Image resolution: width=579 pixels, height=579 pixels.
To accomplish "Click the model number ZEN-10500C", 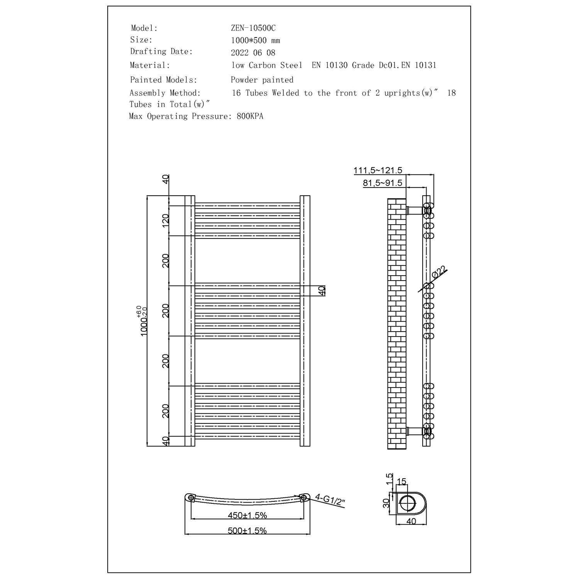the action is (x=253, y=28).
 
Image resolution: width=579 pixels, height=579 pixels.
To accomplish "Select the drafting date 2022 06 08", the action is (x=253, y=53).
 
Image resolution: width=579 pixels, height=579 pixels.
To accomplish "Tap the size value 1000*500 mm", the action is (x=256, y=41).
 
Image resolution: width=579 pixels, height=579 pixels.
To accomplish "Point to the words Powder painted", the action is (x=262, y=80).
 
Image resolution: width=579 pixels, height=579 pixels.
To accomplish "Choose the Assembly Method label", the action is (x=165, y=93).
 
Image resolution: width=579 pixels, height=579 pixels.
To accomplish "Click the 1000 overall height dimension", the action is (x=144, y=321).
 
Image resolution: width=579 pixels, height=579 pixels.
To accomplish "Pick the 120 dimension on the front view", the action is (x=166, y=220).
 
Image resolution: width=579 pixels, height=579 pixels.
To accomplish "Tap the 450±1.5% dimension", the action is (x=247, y=515).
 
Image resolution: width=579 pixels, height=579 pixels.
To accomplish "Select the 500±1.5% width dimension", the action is (x=247, y=531).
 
